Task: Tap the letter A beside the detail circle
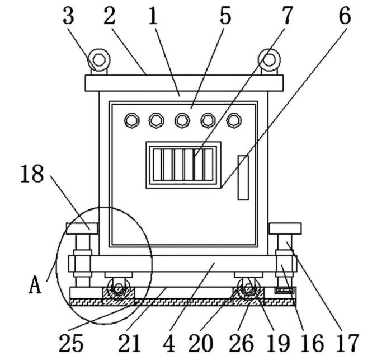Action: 36,286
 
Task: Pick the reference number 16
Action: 310,342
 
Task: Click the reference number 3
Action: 68,16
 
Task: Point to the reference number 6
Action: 345,16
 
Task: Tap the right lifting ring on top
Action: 269,59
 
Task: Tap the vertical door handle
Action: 243,177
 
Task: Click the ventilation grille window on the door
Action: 183,165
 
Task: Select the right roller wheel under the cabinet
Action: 247,289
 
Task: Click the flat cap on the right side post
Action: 285,228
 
